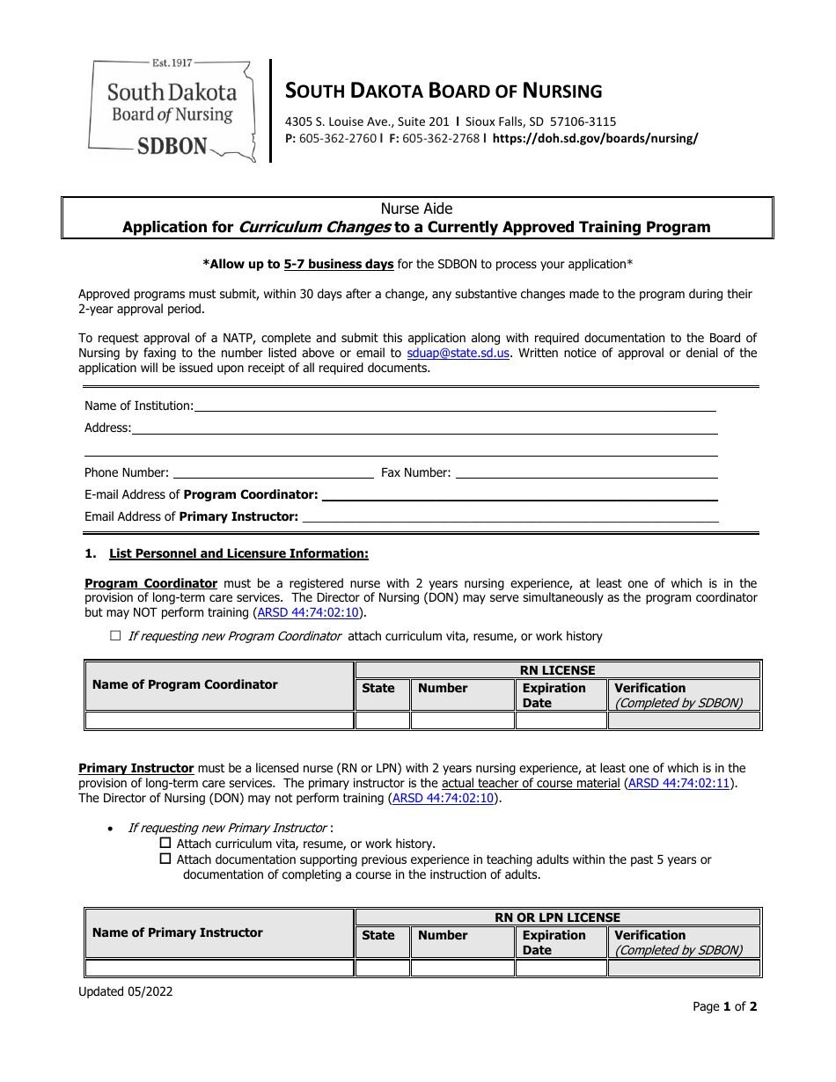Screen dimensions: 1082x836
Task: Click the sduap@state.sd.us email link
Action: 458,353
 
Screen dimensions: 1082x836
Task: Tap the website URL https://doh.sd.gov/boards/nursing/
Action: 595,138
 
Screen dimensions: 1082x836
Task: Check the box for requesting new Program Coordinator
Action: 115,635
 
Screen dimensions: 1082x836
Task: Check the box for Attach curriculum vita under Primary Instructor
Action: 165,844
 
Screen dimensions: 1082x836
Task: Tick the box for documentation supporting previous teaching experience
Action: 165,859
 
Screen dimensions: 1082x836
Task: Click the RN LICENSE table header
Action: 557,670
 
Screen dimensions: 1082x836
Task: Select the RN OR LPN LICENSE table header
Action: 557,918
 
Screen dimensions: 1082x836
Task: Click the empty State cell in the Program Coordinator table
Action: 382,720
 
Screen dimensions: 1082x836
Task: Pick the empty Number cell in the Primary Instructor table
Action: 462,968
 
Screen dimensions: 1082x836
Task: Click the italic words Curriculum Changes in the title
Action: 314,227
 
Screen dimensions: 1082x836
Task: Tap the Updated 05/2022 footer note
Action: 126,991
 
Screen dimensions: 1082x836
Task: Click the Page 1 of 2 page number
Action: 724,1006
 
